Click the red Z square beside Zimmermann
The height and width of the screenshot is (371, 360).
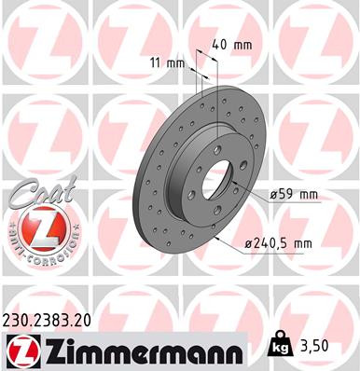18,350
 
